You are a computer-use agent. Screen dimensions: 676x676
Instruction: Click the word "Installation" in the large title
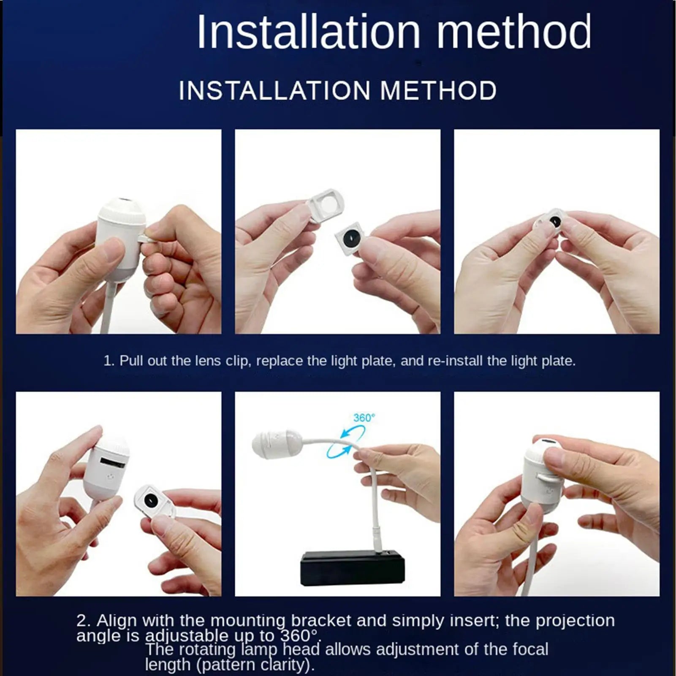point(309,32)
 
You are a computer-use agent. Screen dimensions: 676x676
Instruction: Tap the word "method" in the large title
point(514,32)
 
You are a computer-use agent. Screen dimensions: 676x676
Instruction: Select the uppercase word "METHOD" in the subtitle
point(438,90)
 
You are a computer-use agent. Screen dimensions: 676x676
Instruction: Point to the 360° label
point(364,418)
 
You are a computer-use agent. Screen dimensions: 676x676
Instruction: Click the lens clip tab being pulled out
point(146,239)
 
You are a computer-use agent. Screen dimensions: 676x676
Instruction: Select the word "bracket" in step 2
point(321,620)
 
